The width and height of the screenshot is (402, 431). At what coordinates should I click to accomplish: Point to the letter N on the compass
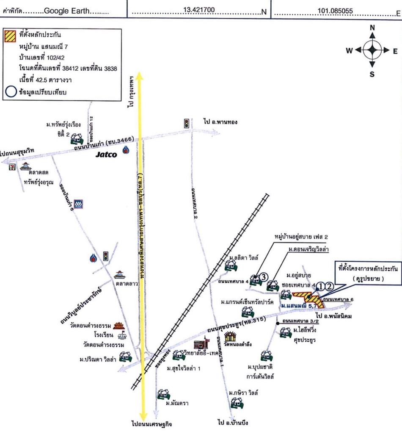[372, 28]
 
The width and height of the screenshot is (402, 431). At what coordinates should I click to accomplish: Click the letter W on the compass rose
[349, 51]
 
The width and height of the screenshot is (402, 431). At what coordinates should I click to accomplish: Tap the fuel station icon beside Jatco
[126, 151]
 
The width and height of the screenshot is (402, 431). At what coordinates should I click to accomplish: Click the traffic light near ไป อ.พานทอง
[186, 123]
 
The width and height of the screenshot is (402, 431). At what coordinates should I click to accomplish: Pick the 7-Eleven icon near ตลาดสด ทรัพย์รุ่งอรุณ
[11, 168]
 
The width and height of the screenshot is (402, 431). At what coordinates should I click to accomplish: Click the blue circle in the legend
[9, 91]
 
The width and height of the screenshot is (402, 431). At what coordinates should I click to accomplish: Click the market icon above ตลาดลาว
[119, 273]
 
